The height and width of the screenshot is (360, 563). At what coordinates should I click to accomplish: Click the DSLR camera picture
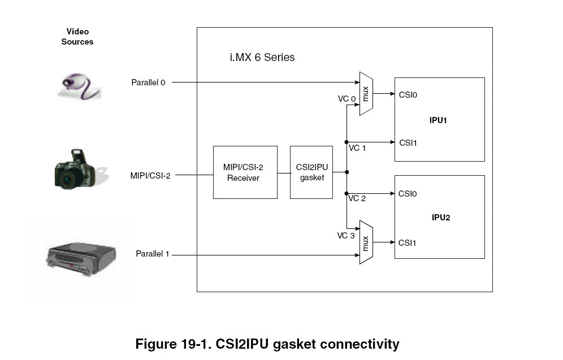(75, 169)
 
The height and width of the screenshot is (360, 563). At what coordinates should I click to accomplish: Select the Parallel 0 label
(148, 83)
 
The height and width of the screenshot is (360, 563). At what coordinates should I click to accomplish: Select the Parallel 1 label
(153, 254)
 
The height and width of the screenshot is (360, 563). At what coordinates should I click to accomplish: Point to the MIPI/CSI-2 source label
(150, 176)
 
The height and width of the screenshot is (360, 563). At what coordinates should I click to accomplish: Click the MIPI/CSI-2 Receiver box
(245, 172)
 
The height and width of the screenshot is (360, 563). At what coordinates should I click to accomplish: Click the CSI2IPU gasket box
(311, 172)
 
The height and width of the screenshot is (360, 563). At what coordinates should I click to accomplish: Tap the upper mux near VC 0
(366, 94)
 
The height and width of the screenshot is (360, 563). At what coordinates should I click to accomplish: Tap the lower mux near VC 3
(366, 242)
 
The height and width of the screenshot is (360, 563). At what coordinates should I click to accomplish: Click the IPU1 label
(439, 120)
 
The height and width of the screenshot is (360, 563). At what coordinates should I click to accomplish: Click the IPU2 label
(441, 218)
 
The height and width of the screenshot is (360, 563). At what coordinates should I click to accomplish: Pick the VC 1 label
(357, 148)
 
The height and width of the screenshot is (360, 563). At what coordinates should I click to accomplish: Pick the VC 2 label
(357, 198)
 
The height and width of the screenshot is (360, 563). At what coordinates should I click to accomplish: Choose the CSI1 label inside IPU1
(408, 142)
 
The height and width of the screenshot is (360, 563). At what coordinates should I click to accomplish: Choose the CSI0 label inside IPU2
(408, 194)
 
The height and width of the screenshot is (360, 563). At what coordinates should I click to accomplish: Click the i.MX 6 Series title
(262, 58)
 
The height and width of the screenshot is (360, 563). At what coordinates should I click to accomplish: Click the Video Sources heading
(77, 37)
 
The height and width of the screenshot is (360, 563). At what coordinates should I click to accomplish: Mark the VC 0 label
(347, 99)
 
